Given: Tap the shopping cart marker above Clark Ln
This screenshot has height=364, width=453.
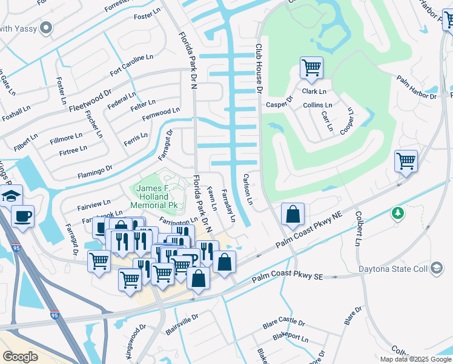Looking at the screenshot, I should click(311, 67).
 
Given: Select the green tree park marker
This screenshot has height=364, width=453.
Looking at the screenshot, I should click(397, 213).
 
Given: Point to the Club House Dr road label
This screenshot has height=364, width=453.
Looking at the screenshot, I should click(258, 68).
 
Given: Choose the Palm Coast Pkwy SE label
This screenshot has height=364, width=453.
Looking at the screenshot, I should click(287, 277).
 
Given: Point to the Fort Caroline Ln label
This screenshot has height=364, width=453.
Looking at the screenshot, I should click(131, 65).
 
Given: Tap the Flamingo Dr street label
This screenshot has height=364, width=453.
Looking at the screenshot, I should click(94, 172).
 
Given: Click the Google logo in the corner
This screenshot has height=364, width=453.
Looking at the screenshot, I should click(20, 356).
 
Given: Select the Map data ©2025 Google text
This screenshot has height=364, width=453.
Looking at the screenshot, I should click(416, 359).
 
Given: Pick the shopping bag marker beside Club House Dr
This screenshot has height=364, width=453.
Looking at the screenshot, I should click(293, 214).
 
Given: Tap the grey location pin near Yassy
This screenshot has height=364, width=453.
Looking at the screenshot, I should click(46, 28).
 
